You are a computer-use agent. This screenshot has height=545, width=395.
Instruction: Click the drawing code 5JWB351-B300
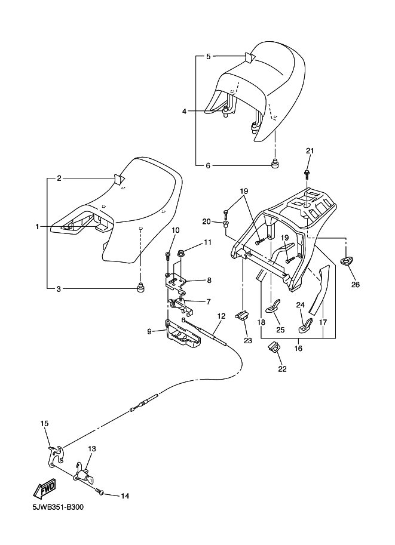[59, 508]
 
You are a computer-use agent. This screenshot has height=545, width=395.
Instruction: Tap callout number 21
[310, 150]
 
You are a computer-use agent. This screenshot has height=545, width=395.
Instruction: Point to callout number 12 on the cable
[221, 316]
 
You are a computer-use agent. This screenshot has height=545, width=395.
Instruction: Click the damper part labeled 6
[276, 164]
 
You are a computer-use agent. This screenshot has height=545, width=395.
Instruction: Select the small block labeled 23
[242, 315]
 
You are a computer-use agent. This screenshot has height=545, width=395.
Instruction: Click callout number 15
[44, 423]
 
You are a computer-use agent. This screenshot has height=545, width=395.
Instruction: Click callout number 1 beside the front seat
[37, 227]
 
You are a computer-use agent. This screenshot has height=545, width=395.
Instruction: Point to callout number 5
[209, 57]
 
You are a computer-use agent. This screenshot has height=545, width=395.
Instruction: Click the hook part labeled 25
[275, 307]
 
